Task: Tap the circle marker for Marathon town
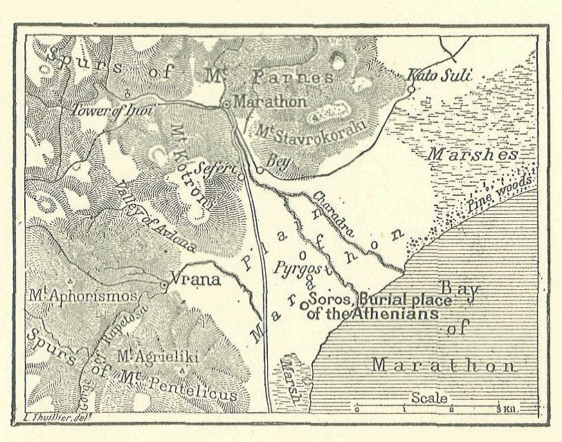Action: (226, 104)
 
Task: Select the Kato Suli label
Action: (439, 74)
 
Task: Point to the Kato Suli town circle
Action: (410, 89)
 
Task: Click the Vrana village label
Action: (195, 280)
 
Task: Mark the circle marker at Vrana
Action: (164, 284)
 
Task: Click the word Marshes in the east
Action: (472, 154)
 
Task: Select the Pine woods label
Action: (500, 193)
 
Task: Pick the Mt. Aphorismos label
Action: (83, 296)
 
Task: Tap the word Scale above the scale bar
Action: (429, 398)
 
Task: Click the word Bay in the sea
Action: (460, 291)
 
